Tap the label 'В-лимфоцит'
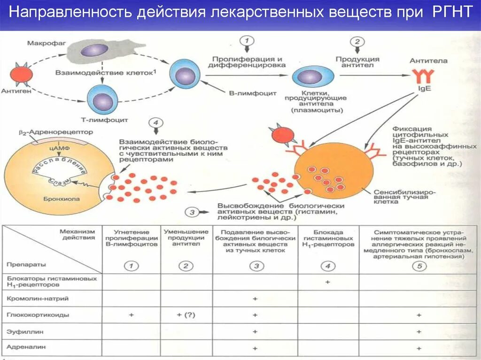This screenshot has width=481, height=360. point(245,93)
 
